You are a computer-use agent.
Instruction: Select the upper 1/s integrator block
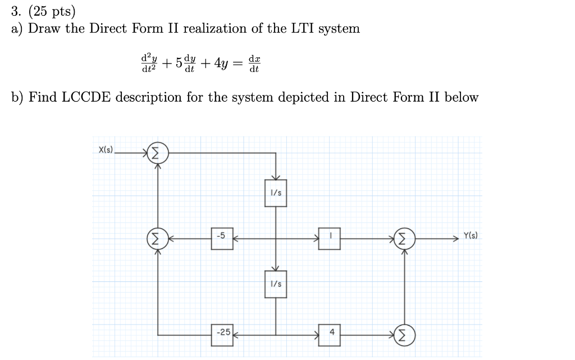[276, 193]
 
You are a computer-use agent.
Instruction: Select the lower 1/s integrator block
[276, 285]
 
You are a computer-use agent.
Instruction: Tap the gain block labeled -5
[222, 238]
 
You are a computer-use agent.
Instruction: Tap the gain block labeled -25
[222, 332]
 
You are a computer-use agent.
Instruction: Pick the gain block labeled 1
[331, 238]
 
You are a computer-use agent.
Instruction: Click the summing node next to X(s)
[157, 152]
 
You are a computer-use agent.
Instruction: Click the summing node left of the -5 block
[157, 239]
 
